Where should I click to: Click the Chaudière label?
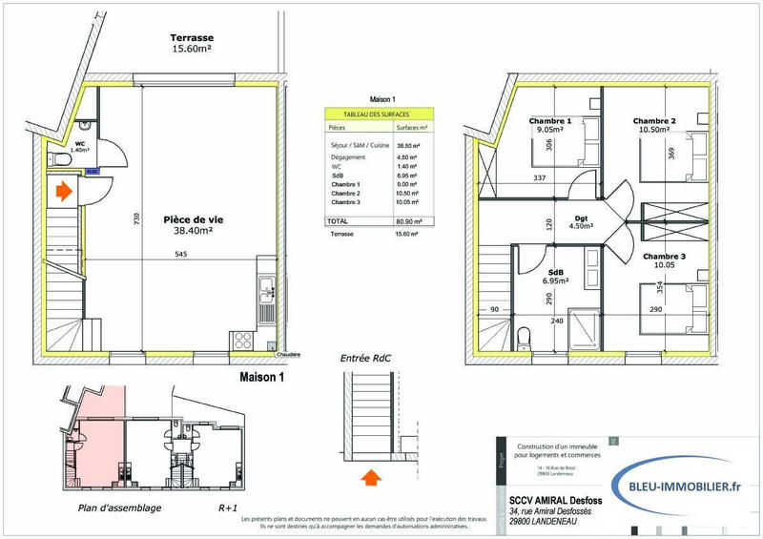pyautogui.click(x=288, y=354)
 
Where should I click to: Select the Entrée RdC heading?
pyautogui.click(x=366, y=358)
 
